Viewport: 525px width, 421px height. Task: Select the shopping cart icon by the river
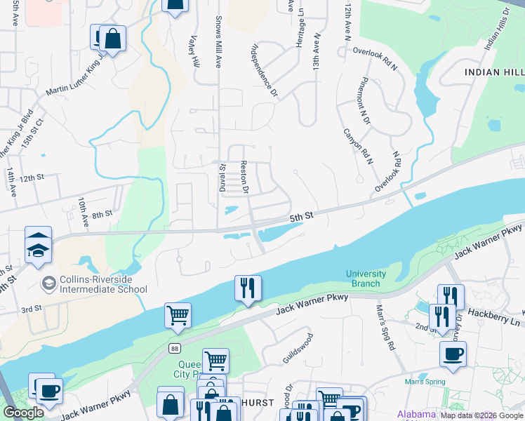coord(178,315)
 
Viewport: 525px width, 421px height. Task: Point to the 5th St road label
coord(301,218)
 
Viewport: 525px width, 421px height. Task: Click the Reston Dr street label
coord(245,178)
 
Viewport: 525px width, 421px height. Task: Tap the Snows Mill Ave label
coord(218,41)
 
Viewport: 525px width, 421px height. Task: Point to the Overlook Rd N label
coord(376,51)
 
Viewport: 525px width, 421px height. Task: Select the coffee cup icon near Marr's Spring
coord(453,353)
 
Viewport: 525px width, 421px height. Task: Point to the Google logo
coord(24,413)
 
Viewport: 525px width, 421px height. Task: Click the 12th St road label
coord(32,179)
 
